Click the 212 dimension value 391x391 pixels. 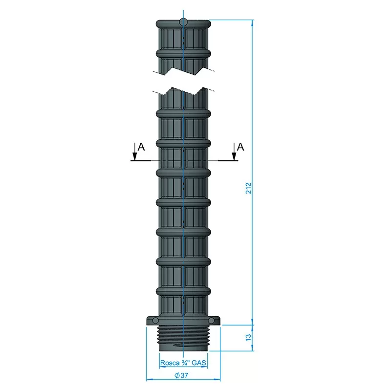tap(249, 188)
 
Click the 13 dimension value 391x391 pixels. tap(249, 338)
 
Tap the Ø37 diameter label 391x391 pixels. tap(181, 375)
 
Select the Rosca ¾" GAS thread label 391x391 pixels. tap(183, 363)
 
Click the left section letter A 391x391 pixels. tap(141, 147)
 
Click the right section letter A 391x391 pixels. tap(240, 147)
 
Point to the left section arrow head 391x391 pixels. tap(135, 156)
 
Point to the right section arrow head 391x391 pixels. tap(234, 156)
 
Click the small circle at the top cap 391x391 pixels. tap(183, 22)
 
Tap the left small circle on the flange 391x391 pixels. tap(155, 321)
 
